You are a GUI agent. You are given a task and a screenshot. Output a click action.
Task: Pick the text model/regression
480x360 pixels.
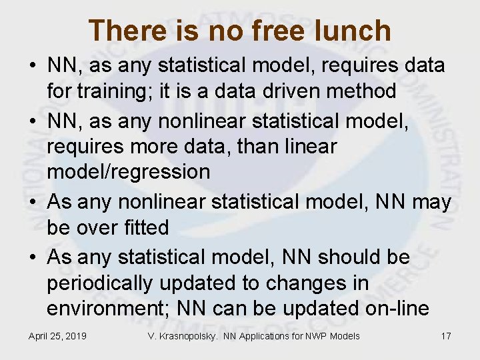(x=128, y=172)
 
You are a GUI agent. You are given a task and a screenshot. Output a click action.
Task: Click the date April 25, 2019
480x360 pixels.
(x=57, y=336)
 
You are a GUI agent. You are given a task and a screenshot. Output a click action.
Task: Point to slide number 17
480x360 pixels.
(x=446, y=336)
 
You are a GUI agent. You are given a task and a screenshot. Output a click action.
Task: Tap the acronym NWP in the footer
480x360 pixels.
(x=312, y=336)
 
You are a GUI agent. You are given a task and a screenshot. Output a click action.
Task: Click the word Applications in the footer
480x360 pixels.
(x=259, y=336)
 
